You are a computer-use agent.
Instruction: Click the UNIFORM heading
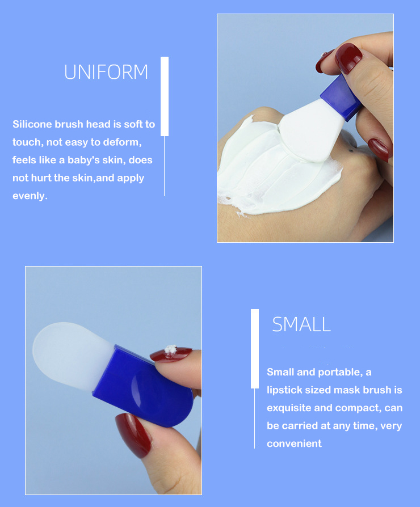(106, 72)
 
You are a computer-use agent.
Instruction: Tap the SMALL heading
(301, 324)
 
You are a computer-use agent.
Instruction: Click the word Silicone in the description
(32, 124)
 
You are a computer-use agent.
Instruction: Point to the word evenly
(30, 196)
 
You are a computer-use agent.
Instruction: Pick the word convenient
(294, 443)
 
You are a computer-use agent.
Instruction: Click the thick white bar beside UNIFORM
(165, 96)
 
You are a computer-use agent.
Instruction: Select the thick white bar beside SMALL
(255, 348)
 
